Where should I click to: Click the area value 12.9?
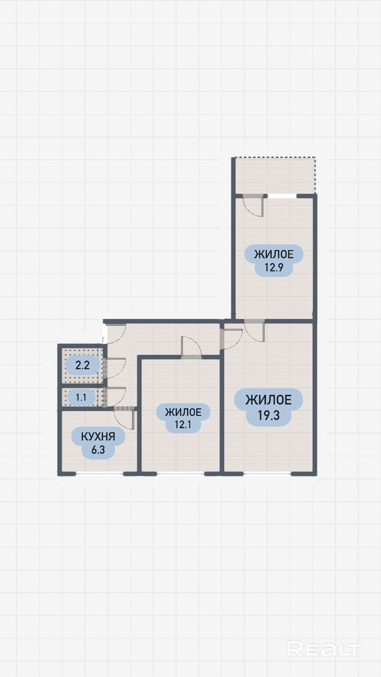(x=274, y=267)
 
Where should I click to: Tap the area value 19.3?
(x=269, y=416)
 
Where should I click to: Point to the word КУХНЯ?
(x=98, y=436)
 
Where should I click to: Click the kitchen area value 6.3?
(x=98, y=450)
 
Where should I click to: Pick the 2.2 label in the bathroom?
(x=82, y=365)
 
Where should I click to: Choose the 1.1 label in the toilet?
(x=81, y=397)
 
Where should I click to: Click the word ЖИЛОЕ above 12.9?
(x=274, y=254)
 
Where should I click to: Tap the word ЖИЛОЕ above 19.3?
(x=269, y=400)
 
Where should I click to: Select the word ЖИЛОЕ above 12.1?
(x=183, y=412)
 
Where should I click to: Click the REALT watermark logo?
(x=324, y=649)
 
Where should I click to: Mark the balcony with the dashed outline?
(x=274, y=176)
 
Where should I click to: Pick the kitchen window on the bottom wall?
(x=99, y=473)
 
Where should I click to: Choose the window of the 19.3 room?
(x=267, y=473)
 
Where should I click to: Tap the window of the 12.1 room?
(x=180, y=473)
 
